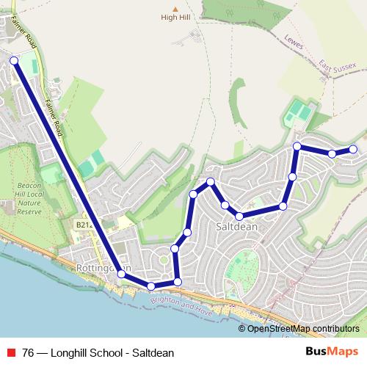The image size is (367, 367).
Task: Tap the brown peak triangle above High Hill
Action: coord(175,9)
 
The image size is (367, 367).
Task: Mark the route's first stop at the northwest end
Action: coord(14,60)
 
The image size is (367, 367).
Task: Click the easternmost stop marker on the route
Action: coord(353,149)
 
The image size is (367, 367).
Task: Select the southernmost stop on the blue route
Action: coord(150,286)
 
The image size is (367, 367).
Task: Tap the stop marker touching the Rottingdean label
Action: coord(122,273)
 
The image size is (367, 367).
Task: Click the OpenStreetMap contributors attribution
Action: coord(303,328)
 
